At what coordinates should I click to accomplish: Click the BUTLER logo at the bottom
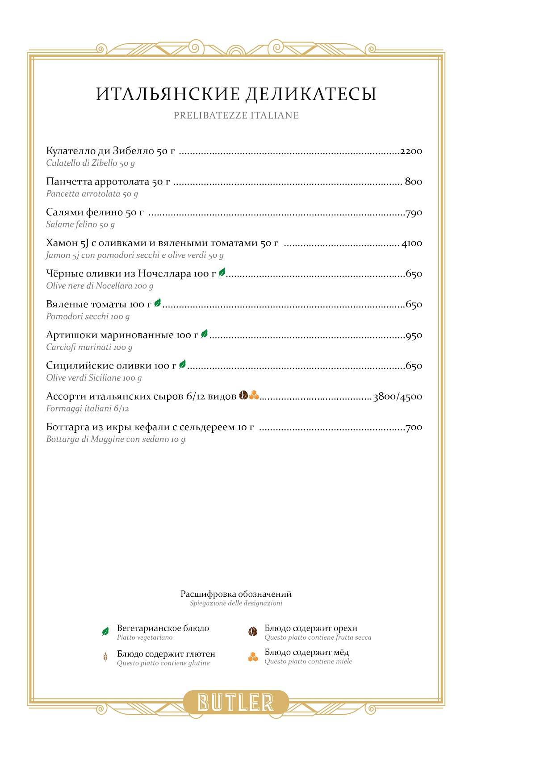(236, 702)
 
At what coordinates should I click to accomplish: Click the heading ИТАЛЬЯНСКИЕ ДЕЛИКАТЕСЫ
(236, 94)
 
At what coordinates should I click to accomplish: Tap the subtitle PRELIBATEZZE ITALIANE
(236, 116)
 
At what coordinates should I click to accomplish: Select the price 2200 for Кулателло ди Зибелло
(411, 151)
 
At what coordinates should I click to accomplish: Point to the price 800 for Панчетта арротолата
(413, 182)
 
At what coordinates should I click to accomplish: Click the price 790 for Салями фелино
(414, 213)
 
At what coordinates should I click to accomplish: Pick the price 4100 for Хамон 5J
(411, 243)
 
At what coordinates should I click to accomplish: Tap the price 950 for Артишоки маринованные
(414, 335)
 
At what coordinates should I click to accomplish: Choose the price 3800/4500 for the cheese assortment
(398, 397)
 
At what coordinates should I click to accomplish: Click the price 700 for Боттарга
(414, 427)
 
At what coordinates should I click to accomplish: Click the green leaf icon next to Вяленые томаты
(157, 304)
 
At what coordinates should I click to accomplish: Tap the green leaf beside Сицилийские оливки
(182, 365)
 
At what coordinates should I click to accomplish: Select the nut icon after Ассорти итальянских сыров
(243, 395)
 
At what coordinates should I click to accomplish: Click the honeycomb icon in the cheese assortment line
(254, 395)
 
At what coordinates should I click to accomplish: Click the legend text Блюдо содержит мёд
(306, 653)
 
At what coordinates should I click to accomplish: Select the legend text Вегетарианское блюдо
(163, 628)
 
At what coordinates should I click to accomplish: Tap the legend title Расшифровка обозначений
(236, 594)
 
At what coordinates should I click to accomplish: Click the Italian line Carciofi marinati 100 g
(89, 347)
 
